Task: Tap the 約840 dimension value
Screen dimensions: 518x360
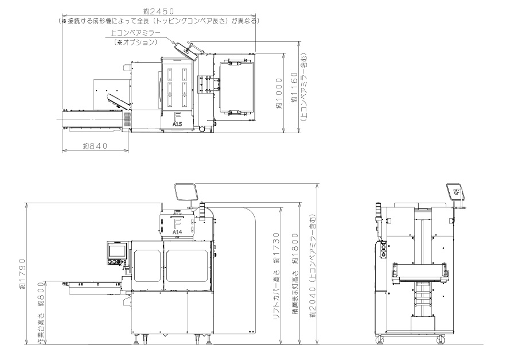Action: point(95,146)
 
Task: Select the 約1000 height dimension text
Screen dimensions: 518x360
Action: point(279,93)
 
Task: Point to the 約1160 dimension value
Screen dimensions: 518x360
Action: point(294,87)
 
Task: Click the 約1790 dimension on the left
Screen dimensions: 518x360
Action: point(22,274)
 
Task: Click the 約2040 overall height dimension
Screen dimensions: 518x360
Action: point(313,301)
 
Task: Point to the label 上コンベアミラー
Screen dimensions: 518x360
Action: point(135,33)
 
